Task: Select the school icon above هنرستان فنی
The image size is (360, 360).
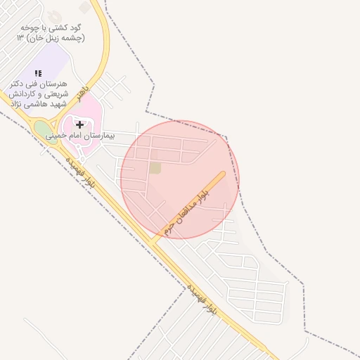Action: [38, 73]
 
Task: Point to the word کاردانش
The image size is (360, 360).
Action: [22, 94]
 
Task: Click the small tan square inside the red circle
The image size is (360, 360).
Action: [155, 167]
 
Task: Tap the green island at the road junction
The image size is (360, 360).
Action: [46, 131]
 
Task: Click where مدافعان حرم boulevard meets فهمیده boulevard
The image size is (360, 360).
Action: [152, 243]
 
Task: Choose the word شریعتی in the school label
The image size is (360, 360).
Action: [53, 94]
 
